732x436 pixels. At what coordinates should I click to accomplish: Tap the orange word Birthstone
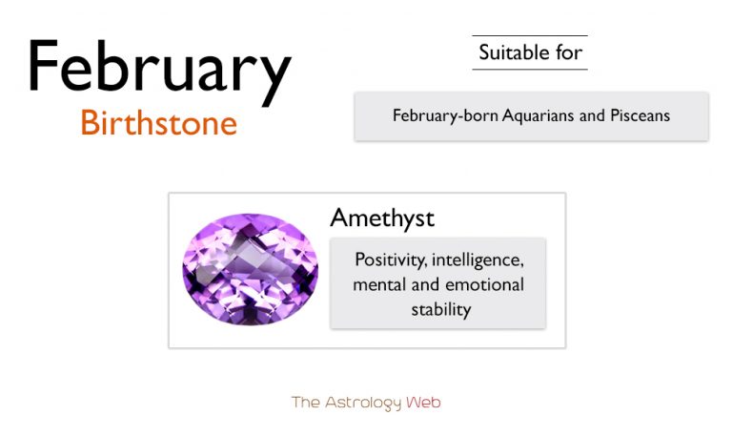coord(158,122)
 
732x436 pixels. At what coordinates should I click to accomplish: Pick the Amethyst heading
coord(382,218)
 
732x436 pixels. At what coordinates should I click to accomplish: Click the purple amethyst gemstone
coord(250,270)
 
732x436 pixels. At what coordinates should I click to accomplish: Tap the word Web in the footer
coord(423,403)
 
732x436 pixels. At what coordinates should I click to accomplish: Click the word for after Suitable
coord(570,52)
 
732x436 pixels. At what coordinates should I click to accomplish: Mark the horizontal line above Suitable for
coord(530,36)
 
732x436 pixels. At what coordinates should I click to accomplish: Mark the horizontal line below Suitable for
coord(530,69)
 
